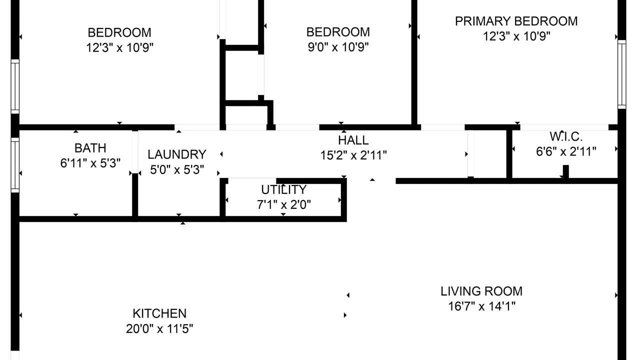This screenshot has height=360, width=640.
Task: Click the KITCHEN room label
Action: pyautogui.click(x=159, y=313)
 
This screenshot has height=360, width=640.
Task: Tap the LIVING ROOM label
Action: pyautogui.click(x=481, y=291)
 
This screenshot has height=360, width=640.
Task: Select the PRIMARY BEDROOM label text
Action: pyautogui.click(x=516, y=21)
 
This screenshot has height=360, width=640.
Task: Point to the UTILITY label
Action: pyautogui.click(x=283, y=189)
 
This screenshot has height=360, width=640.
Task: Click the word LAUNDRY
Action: pyautogui.click(x=177, y=154)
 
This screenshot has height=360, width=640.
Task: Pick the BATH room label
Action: pyautogui.click(x=90, y=148)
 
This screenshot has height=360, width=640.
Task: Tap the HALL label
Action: pyautogui.click(x=353, y=140)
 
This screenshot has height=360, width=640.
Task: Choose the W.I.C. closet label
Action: pyautogui.click(x=566, y=136)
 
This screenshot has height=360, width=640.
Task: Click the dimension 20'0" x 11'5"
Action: pyautogui.click(x=159, y=329)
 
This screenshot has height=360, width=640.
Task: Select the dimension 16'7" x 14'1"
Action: pyautogui.click(x=481, y=306)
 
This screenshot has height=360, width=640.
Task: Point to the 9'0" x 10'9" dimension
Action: pyautogui.click(x=338, y=47)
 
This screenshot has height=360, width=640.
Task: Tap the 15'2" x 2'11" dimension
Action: pyautogui.click(x=353, y=155)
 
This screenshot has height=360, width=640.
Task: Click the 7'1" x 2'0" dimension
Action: pyautogui.click(x=283, y=205)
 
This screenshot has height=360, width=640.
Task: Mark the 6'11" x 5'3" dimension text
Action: pyautogui.click(x=90, y=163)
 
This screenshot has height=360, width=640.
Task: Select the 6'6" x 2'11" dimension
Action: pyautogui.click(x=566, y=151)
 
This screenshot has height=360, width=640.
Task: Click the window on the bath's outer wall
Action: pyautogui.click(x=15, y=165)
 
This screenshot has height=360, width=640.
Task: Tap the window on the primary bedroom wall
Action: pyautogui.click(x=621, y=74)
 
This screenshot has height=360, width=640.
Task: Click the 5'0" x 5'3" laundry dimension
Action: pyautogui.click(x=177, y=170)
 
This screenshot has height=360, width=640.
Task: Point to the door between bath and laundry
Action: pyautogui.click(x=135, y=151)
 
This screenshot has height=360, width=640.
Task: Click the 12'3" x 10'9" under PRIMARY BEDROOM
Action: pyautogui.click(x=516, y=36)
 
